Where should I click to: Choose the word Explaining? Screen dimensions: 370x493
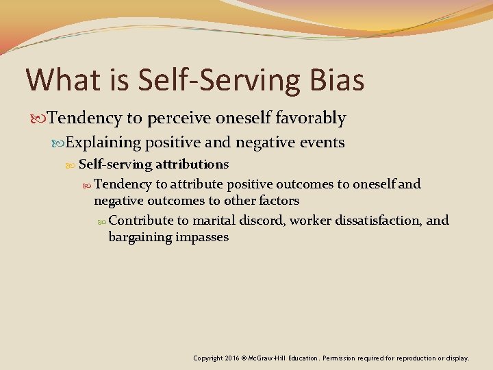(x=103, y=143)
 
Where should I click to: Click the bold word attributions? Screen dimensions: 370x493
(x=192, y=164)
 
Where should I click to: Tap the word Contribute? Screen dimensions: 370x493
(x=140, y=220)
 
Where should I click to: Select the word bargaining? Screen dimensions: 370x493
(x=139, y=237)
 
